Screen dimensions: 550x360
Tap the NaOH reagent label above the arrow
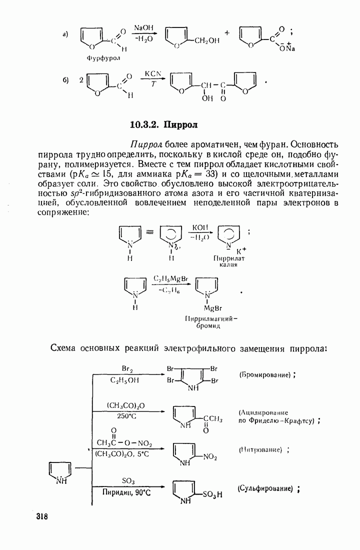143,28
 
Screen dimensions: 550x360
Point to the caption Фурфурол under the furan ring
104,58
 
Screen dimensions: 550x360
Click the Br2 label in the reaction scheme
127,368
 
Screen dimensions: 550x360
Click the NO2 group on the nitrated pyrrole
209,456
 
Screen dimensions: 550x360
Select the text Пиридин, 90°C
126,492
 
